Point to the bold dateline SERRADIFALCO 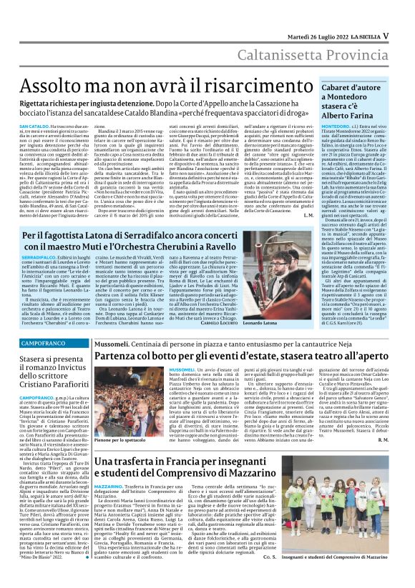click(43, 274)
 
